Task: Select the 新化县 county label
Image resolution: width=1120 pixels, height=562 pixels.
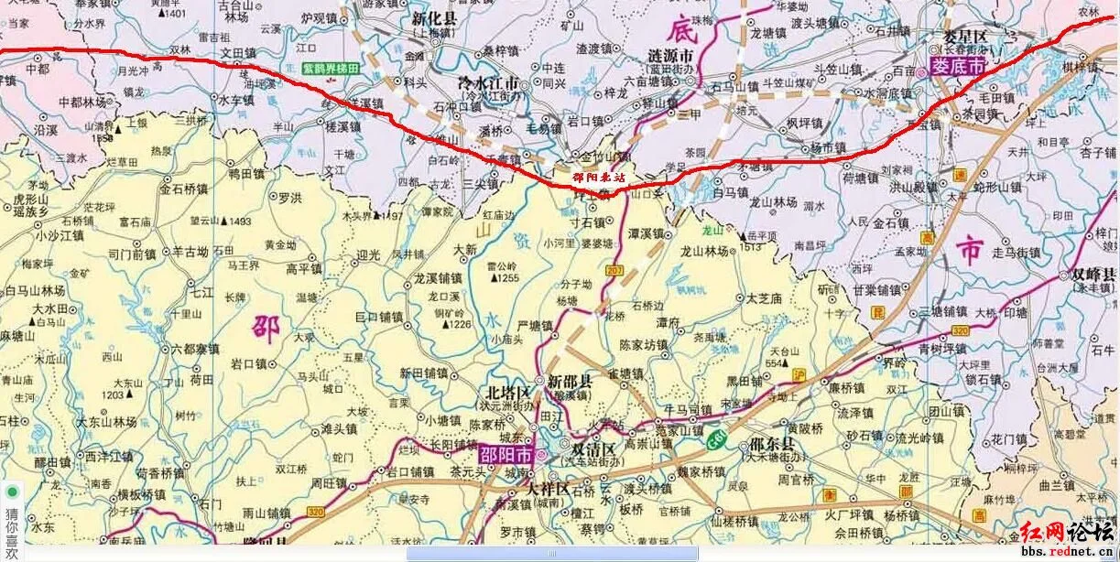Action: point(434,17)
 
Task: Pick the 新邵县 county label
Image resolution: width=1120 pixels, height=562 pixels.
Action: point(570,382)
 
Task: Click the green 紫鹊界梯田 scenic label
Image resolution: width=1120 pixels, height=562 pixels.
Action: point(333,69)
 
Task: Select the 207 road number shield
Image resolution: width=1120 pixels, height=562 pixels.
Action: point(614,271)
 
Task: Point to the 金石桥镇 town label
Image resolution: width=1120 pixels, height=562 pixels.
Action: point(184,190)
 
